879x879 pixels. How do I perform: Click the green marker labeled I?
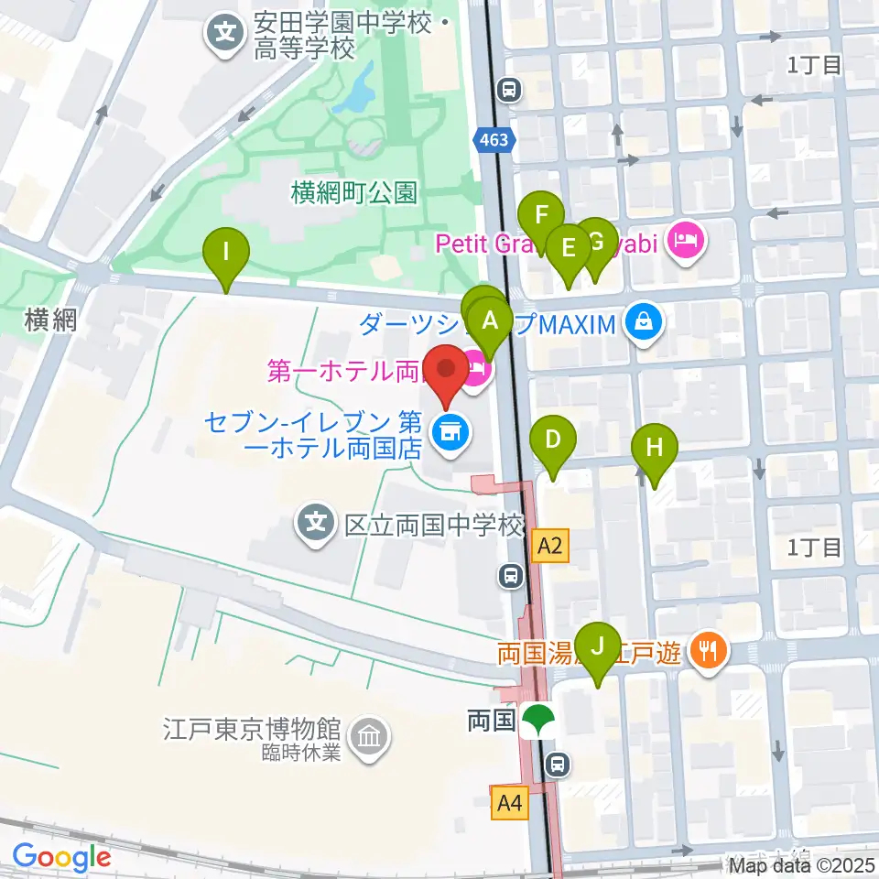(227, 249)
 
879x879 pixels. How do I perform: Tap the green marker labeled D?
(553, 439)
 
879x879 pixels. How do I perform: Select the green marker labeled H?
(654, 448)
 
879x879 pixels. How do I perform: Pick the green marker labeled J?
(599, 646)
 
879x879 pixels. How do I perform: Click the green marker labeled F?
(541, 217)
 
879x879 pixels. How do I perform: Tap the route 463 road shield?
(497, 140)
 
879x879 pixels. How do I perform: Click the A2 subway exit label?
(549, 548)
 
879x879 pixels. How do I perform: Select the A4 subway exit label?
(511, 804)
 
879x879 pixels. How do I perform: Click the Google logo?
(61, 858)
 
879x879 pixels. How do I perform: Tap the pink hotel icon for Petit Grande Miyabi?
(686, 242)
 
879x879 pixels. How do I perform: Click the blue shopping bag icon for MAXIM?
(645, 321)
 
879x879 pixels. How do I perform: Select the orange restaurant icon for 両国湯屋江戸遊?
(707, 652)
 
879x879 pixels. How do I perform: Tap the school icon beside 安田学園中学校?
(225, 36)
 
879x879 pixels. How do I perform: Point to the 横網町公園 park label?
(353, 192)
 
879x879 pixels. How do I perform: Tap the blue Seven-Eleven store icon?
(448, 427)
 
